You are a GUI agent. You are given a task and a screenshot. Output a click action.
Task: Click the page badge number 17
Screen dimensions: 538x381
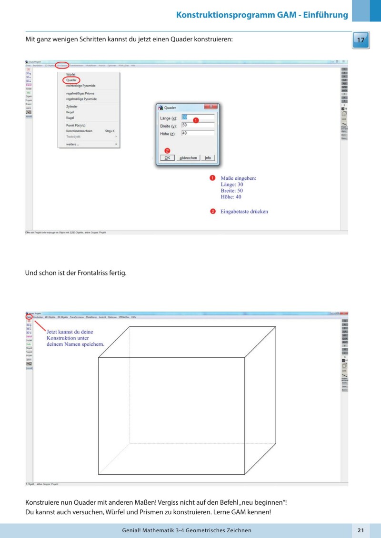[x=361, y=40]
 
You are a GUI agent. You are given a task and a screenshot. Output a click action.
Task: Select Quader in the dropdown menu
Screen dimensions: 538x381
[x=71, y=80]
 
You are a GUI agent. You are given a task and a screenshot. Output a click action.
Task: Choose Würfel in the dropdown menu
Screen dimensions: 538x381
[x=70, y=75]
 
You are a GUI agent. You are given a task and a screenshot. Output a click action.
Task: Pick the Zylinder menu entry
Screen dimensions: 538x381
[x=72, y=107]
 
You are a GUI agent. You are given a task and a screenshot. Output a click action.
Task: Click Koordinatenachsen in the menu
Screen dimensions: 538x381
[x=79, y=130]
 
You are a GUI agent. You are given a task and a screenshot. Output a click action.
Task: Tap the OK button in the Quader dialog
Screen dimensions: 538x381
[x=167, y=157]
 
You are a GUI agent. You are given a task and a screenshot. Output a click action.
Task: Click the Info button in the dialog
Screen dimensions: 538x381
[x=208, y=157]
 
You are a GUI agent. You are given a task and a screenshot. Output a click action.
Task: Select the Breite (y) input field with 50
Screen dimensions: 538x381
[x=198, y=125]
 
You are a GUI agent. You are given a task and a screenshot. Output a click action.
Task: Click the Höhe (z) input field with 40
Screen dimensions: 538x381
[x=198, y=133]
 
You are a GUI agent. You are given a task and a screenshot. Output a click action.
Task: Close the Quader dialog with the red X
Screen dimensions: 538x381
[x=211, y=107]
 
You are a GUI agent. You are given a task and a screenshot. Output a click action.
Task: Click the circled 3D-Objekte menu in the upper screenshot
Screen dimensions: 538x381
[x=62, y=65]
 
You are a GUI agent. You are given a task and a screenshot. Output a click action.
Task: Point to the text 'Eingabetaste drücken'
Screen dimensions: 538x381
[x=244, y=211]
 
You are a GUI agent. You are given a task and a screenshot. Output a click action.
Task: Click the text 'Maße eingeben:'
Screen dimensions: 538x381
[x=239, y=178]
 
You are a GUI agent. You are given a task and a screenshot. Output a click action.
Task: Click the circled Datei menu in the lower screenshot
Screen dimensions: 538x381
[x=29, y=316]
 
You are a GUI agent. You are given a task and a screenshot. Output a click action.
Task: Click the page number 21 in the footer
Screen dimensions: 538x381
[x=361, y=530]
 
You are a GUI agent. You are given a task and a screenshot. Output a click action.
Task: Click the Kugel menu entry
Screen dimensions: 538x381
[x=70, y=117]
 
